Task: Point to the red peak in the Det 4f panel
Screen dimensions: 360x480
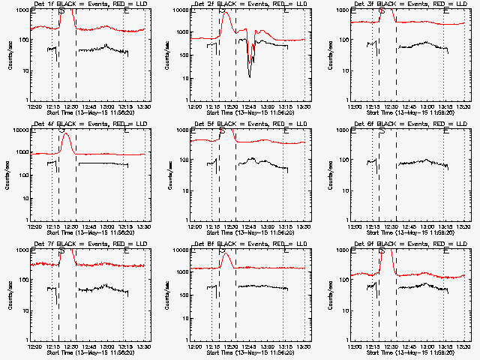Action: [x=67, y=133]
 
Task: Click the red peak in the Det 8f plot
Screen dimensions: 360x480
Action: [x=226, y=254]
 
